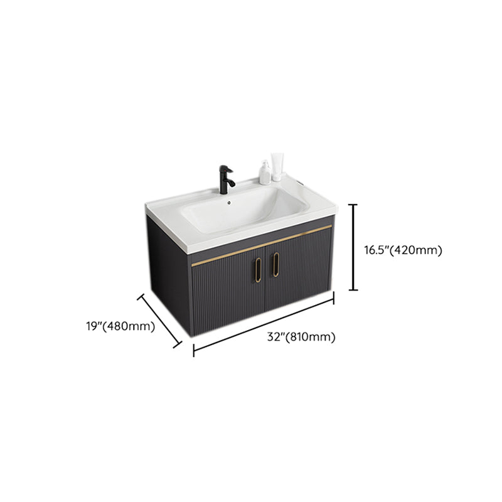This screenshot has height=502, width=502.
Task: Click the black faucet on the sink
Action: tap(227, 179)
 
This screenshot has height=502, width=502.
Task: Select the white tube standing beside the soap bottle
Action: tap(277, 167)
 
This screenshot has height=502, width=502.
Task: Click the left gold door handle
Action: tap(258, 270)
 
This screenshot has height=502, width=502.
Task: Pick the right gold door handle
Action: tap(276, 264)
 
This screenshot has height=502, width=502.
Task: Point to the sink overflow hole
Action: tap(229, 202)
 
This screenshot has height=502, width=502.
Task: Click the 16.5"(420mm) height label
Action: tap(403, 250)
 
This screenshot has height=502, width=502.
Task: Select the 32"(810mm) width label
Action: tap(301, 337)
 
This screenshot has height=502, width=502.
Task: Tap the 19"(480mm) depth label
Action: tap(120, 326)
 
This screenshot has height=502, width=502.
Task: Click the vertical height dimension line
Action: tap(353, 247)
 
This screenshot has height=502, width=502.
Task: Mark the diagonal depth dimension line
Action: tap(159, 321)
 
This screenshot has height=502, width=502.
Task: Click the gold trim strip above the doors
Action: tap(262, 245)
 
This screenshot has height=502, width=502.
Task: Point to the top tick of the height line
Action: tap(353, 205)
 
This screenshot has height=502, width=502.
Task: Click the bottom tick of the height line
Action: tap(353, 290)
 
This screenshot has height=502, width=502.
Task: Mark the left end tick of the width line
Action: tap(194, 350)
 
